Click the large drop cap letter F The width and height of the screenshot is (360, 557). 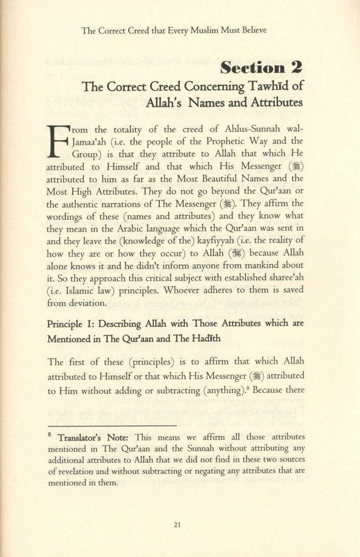click(58, 141)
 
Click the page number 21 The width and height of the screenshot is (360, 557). click(177, 524)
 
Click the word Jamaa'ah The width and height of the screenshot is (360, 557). click(89, 142)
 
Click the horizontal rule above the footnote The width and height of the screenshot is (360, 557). click(112, 425)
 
